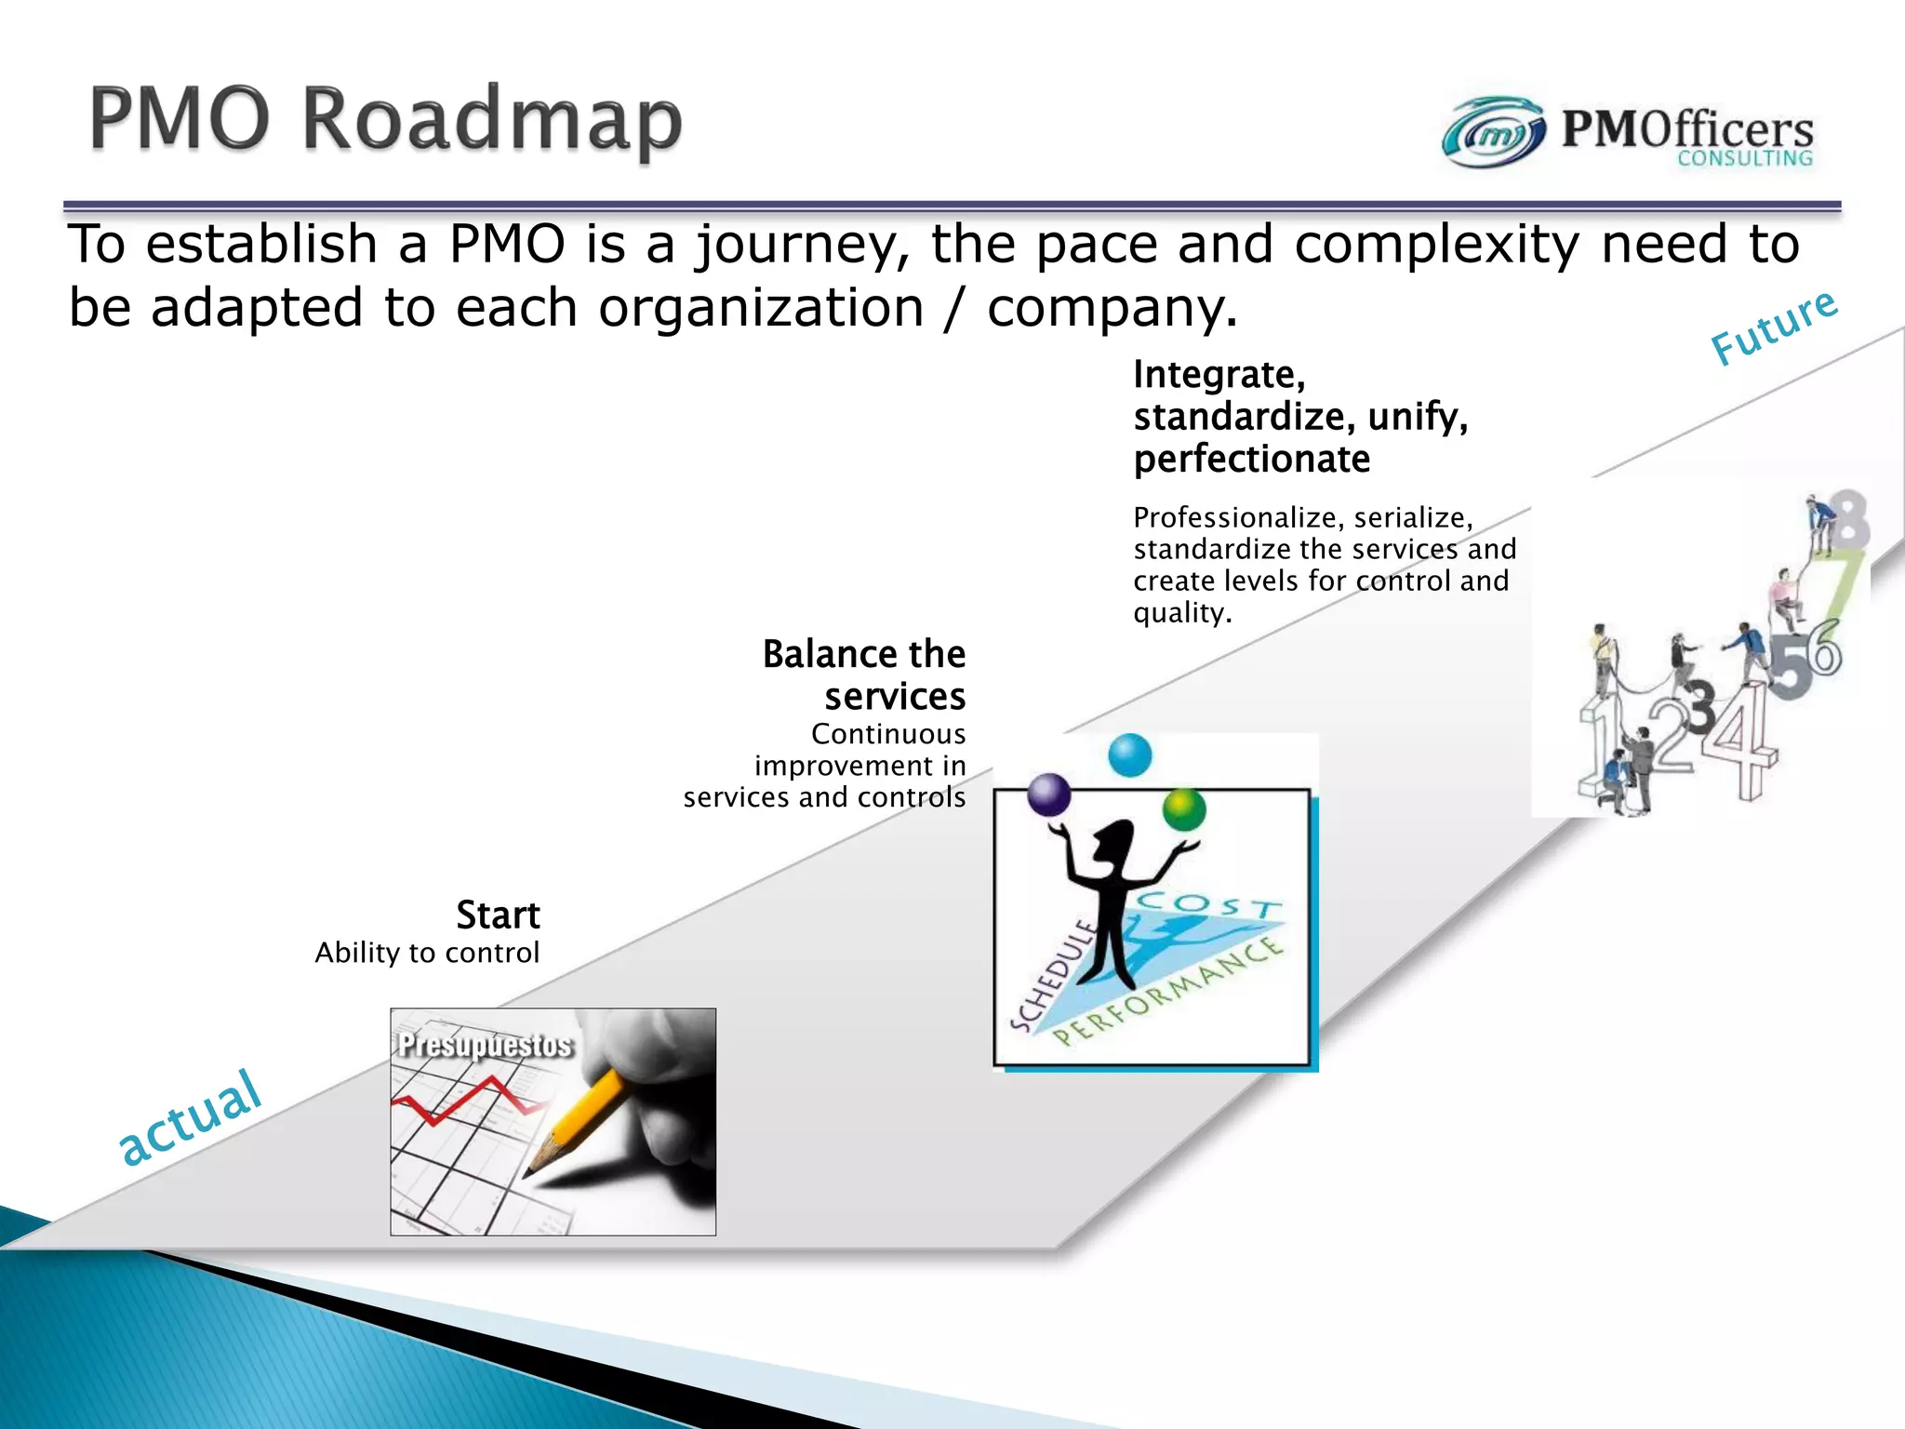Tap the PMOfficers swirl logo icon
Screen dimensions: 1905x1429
tap(1494, 133)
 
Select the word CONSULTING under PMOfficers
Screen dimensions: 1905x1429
tap(1745, 159)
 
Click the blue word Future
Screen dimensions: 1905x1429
tap(1775, 327)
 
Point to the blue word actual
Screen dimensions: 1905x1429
tap(190, 1117)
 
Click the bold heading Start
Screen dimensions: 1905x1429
tap(498, 915)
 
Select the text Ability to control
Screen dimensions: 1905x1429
tap(427, 953)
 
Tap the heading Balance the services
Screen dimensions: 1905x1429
tap(864, 675)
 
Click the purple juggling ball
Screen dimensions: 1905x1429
tap(1049, 795)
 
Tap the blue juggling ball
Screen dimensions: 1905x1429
tap(1130, 755)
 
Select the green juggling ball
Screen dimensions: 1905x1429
tap(1184, 809)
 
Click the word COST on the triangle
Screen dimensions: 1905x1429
tap(1210, 903)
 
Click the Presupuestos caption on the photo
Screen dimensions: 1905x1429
tap(486, 1045)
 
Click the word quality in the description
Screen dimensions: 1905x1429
tap(1182, 614)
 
